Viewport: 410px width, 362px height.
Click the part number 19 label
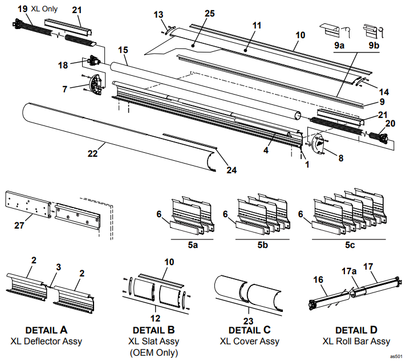22,9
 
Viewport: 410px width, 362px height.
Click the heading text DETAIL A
47,330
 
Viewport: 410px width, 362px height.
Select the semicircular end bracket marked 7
94,84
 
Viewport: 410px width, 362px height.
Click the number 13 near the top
158,14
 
